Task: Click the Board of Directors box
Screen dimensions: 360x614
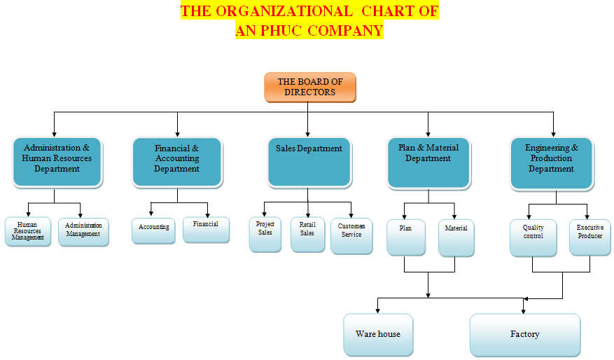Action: click(x=309, y=87)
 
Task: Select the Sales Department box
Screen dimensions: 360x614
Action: click(x=308, y=162)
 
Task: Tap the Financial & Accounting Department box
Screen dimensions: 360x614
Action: click(x=176, y=162)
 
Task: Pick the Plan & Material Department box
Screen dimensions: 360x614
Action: click(x=428, y=162)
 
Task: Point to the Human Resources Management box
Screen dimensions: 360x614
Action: click(x=28, y=232)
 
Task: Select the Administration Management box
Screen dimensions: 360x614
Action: click(x=83, y=231)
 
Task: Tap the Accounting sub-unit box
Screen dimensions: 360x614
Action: click(x=153, y=230)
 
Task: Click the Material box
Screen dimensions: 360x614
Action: click(x=456, y=237)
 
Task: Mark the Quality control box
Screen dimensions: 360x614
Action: click(x=533, y=237)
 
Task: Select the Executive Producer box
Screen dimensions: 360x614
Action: click(x=589, y=237)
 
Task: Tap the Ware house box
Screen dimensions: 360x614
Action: click(x=378, y=334)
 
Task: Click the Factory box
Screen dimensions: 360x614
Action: click(x=524, y=334)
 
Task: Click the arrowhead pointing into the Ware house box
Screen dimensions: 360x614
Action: click(x=378, y=310)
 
